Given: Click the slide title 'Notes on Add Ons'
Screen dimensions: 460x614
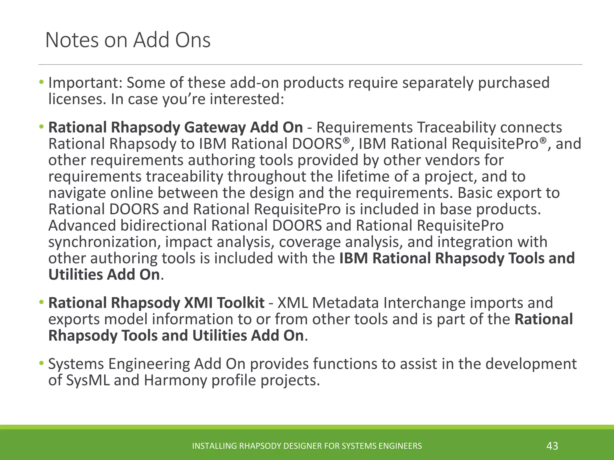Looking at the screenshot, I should pos(128,40).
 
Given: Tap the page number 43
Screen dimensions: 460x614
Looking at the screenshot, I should pos(552,446).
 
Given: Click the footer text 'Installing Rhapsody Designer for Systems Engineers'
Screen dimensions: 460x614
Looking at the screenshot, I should pos(307,446).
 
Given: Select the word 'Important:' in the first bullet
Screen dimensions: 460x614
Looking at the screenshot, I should pos(85,83).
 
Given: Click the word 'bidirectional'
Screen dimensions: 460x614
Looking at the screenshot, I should pos(163,226).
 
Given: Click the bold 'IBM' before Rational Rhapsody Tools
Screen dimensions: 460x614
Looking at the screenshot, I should pos(353,258).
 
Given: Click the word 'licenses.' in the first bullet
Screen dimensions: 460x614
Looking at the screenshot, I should pos(77,99).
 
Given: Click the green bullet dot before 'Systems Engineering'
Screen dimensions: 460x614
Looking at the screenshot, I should pos(41,364).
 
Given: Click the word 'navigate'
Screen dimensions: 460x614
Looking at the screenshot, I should pos(77,193).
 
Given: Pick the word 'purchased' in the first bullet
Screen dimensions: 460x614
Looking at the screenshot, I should pos(514,83).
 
